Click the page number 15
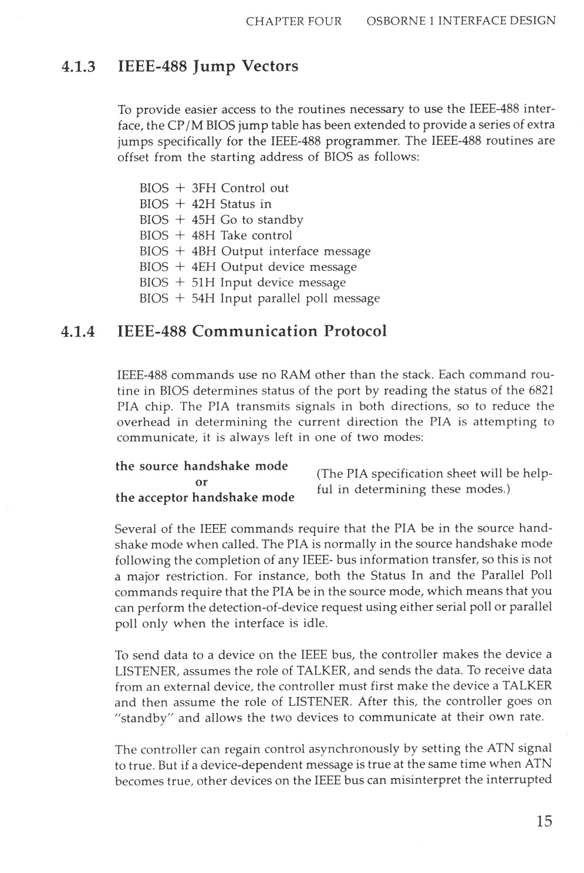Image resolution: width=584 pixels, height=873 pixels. [544, 821]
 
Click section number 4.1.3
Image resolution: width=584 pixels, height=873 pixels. [78, 66]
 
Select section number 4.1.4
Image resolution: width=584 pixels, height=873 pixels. [78, 331]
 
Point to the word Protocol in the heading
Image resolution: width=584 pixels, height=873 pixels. [355, 331]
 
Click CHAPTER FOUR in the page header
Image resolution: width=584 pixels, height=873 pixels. [293, 22]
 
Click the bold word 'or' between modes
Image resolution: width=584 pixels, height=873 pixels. [201, 482]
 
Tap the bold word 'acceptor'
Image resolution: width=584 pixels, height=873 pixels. [163, 498]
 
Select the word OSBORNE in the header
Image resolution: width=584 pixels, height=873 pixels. [391, 22]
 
